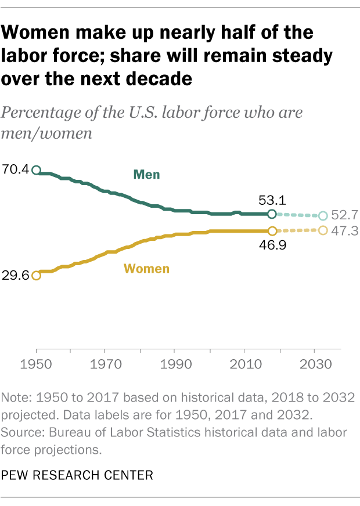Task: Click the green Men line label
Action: (x=146, y=174)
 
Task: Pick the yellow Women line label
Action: (x=147, y=269)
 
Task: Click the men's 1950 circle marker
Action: (x=36, y=170)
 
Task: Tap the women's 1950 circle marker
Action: (x=36, y=275)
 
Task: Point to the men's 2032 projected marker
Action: (x=323, y=216)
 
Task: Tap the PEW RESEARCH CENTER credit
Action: (x=77, y=476)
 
